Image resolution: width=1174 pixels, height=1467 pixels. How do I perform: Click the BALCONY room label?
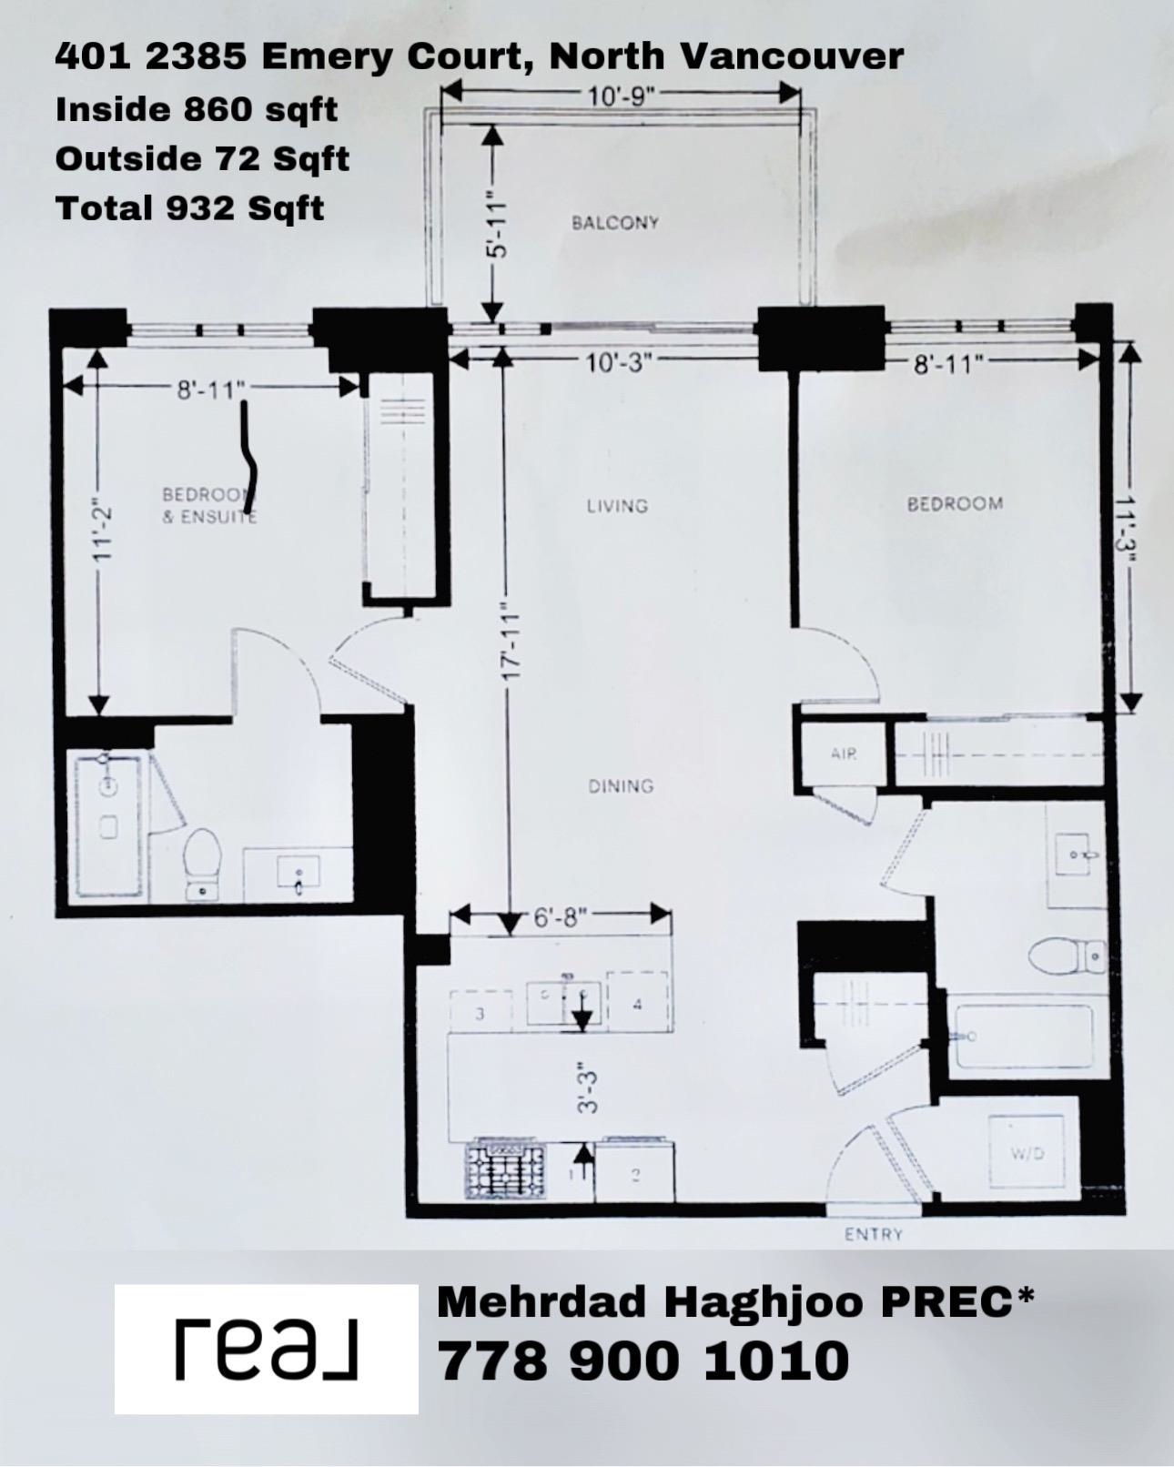click(x=614, y=223)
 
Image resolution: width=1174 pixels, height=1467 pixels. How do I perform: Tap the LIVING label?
click(x=617, y=506)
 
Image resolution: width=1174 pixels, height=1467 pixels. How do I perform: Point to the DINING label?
click(x=621, y=786)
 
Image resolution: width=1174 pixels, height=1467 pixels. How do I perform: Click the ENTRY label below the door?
click(x=873, y=1234)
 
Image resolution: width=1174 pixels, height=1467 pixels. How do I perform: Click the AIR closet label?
click(x=844, y=754)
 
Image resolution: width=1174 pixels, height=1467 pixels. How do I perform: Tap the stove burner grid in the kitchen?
click(x=505, y=1171)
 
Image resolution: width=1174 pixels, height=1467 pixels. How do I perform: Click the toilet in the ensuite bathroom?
click(x=202, y=863)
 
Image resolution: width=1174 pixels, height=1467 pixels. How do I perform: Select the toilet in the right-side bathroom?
click(x=1067, y=956)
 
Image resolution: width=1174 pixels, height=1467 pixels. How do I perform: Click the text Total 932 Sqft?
click(x=190, y=207)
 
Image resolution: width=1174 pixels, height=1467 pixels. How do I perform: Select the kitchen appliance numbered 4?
click(x=637, y=1004)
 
